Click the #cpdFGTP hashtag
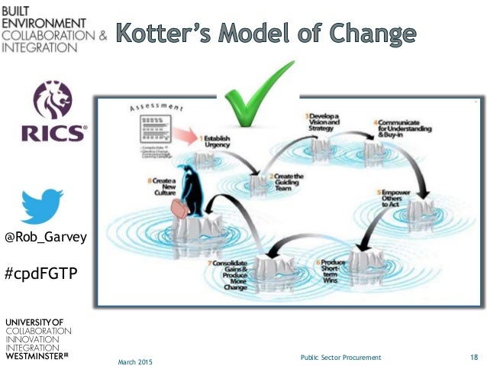[x=41, y=273]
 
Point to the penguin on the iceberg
[x=189, y=188]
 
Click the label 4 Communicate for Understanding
[x=398, y=127]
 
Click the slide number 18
[x=473, y=357]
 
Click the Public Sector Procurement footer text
[x=341, y=357]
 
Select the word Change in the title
[x=371, y=34]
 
